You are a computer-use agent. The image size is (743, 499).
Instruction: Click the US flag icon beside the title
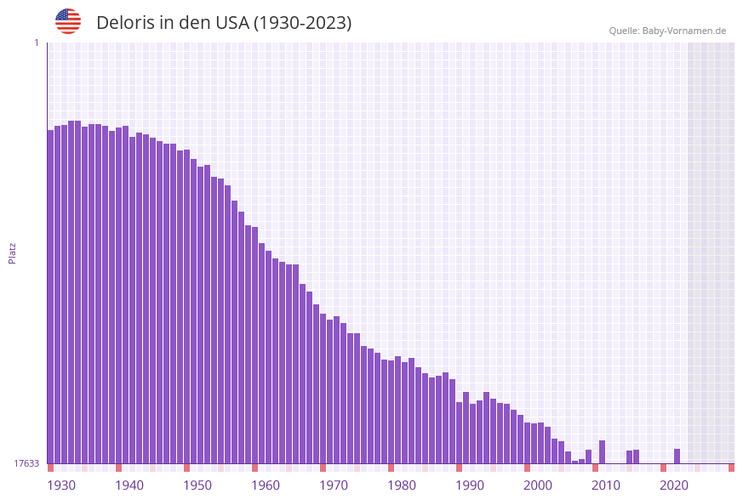point(68,21)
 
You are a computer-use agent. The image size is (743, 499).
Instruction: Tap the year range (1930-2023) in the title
point(302,23)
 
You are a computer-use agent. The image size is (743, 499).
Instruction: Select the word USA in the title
point(231,23)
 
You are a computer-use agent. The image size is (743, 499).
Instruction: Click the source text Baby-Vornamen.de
point(684,31)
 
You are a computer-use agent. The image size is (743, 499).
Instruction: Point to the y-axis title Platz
point(13,252)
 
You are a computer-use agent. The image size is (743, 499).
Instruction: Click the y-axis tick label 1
point(36,43)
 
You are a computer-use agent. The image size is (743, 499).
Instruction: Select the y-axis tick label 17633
point(26,463)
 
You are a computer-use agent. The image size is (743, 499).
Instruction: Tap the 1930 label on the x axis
point(61,485)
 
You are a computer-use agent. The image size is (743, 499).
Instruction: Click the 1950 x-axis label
point(197,485)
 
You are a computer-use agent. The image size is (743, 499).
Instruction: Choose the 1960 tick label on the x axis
point(266,485)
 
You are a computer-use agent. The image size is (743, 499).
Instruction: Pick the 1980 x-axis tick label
point(402,485)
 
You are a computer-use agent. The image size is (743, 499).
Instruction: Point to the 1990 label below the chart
point(470,485)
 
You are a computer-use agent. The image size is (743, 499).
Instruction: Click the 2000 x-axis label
point(538,485)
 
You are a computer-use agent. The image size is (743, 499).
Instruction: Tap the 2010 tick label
point(606,485)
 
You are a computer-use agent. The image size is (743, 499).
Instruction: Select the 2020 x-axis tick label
point(674,485)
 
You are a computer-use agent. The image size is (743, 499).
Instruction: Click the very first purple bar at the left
point(50,298)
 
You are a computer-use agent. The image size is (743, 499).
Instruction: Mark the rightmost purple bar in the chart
point(677,456)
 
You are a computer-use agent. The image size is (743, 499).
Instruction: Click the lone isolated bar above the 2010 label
point(602,452)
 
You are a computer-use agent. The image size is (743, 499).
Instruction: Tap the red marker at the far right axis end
point(731,468)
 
